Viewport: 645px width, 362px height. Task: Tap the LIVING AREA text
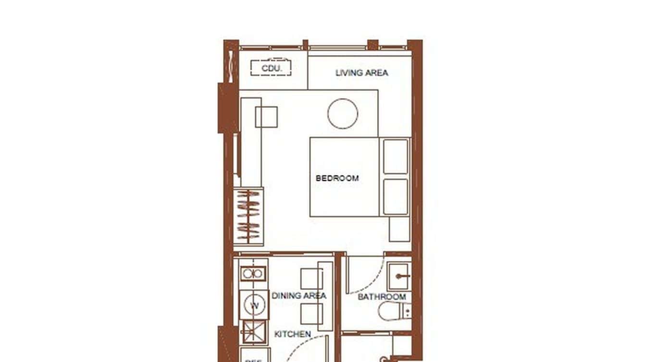coord(361,73)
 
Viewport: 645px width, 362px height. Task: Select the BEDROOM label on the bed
coord(337,178)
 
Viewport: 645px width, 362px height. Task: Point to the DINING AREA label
coord(299,296)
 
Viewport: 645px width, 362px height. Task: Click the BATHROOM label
coord(382,297)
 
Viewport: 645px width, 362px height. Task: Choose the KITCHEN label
coord(292,334)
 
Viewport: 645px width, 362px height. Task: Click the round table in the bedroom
coord(343,114)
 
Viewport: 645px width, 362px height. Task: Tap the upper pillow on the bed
coord(396,156)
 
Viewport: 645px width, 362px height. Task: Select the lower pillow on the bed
coord(396,196)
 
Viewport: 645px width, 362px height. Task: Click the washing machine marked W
coord(254,305)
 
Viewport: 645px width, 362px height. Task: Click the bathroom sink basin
coord(398,276)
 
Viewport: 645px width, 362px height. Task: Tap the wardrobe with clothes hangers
coord(248,217)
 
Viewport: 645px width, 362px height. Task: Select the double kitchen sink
coord(253,274)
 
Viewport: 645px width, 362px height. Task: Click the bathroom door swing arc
coord(370,281)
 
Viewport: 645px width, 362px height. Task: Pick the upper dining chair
coord(311,278)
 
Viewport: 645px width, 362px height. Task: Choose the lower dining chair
coord(311,314)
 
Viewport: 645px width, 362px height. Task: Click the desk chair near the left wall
coord(266,117)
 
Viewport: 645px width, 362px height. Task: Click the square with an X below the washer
coord(253,331)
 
